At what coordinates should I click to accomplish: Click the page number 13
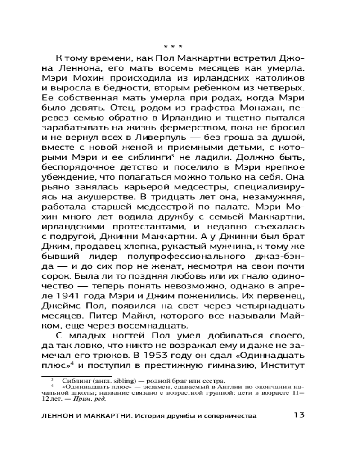click(x=300, y=415)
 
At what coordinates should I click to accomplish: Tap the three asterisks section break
click(x=173, y=47)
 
